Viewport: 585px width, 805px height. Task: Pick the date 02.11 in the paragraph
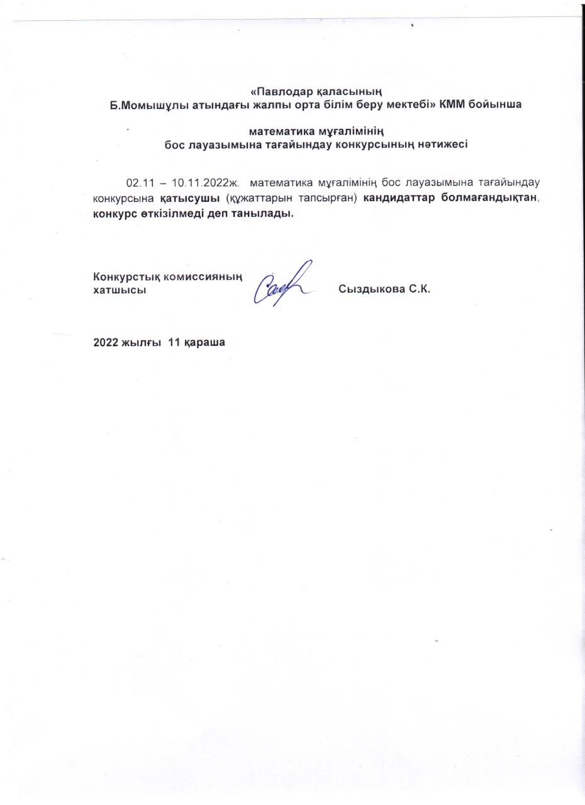(x=138, y=183)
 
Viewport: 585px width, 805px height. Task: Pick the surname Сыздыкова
(x=369, y=290)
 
